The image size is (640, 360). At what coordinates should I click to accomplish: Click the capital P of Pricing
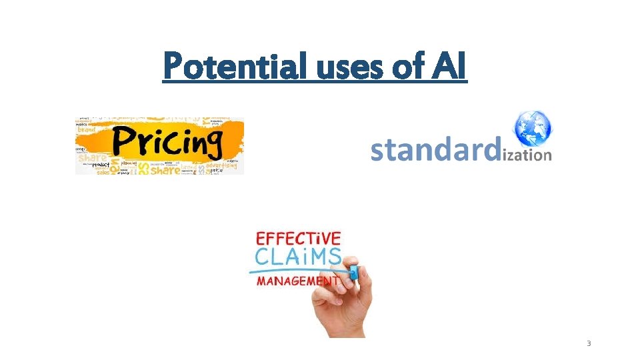[x=125, y=142]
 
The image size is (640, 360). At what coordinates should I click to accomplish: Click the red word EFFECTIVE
[x=299, y=239]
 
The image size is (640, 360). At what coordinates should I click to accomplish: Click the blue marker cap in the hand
[x=353, y=271]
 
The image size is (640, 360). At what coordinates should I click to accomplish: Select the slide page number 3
[x=589, y=343]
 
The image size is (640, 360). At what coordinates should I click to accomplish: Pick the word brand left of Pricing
[x=87, y=129]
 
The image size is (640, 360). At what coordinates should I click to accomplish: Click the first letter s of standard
[x=378, y=152]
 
